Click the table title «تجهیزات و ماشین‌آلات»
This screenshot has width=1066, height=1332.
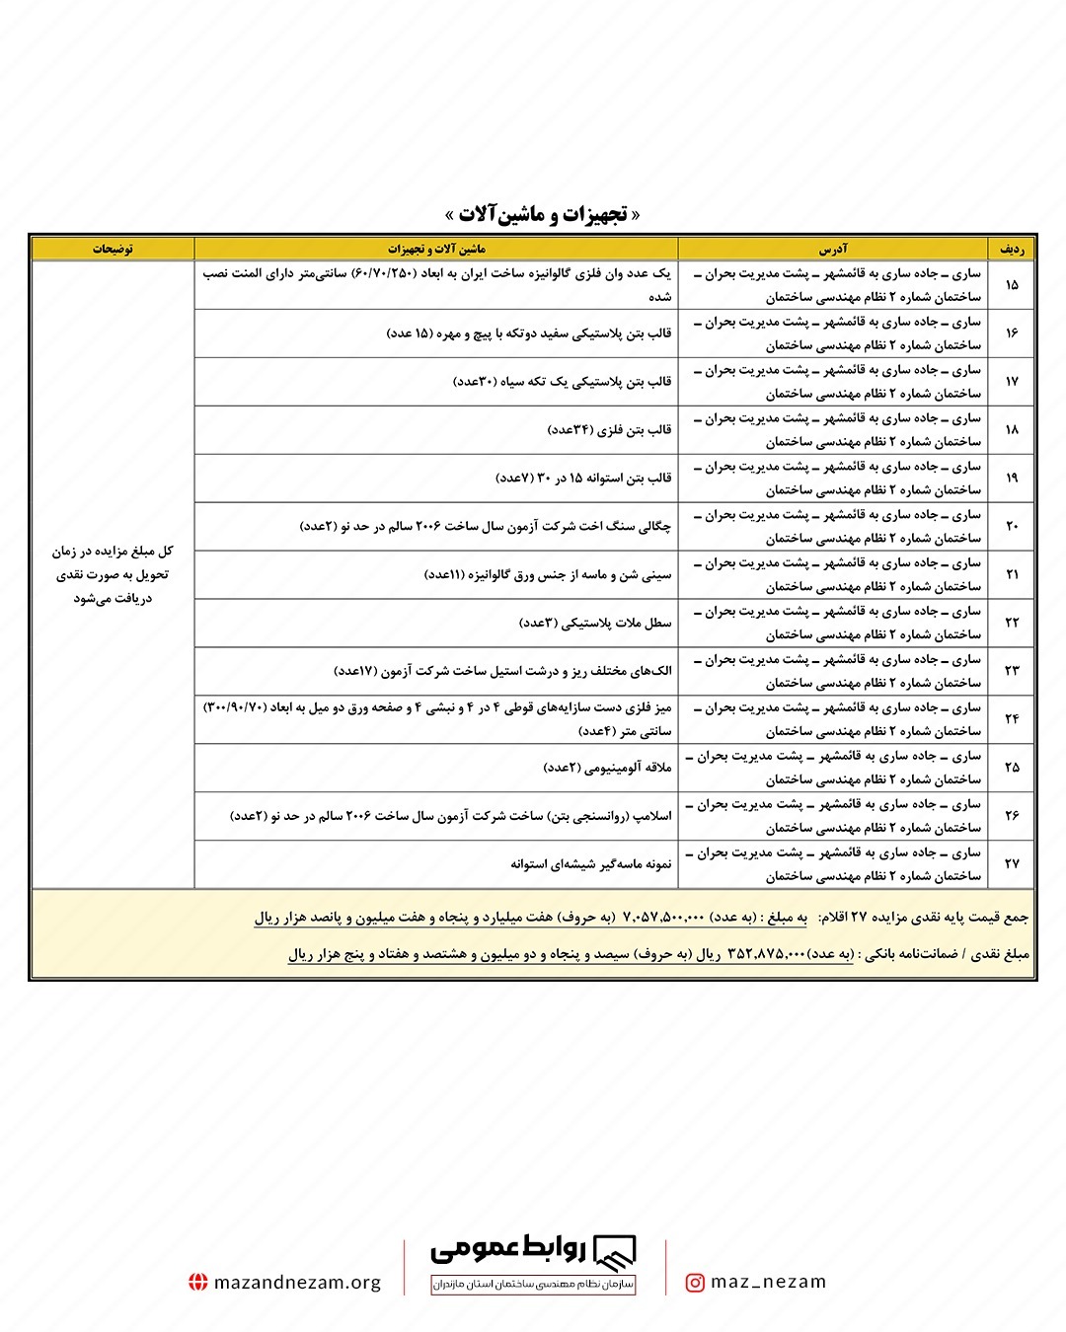[542, 215]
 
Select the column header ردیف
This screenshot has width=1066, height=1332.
[1012, 249]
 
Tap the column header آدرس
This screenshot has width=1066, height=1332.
[832, 249]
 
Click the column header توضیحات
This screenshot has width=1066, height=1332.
[114, 249]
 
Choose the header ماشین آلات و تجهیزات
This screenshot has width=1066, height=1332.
[436, 249]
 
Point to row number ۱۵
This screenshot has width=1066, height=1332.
[1012, 285]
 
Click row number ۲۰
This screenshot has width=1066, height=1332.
[1012, 527]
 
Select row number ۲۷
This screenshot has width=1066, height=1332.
[1012, 864]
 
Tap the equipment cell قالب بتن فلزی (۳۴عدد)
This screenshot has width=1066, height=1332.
[609, 430]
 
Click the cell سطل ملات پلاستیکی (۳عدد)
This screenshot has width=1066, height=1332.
[595, 624]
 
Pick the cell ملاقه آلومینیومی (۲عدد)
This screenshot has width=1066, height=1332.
[607, 768]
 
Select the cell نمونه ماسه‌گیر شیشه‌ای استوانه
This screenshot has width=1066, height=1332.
[590, 864]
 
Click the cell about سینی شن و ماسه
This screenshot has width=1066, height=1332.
[548, 575]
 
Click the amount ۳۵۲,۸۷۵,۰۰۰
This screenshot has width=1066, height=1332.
[766, 954]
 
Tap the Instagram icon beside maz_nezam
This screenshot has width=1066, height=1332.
[695, 1283]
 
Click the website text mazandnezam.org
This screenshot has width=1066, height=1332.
[297, 1283]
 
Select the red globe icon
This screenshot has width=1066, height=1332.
[198, 1283]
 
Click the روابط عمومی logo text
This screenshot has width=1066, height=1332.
[508, 1250]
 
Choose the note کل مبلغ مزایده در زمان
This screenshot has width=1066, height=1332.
[113, 552]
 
